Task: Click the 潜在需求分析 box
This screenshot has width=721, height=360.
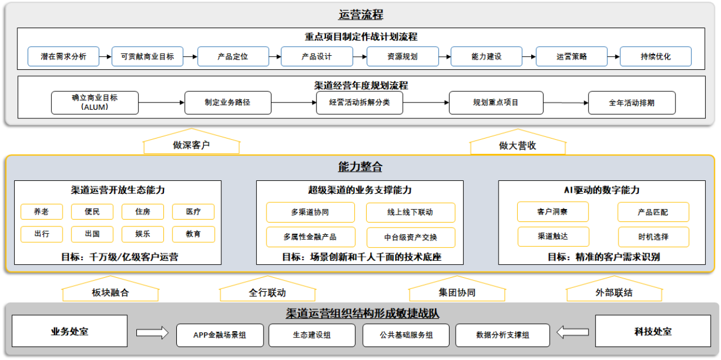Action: point(64,56)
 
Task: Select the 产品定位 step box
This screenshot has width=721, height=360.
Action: point(233,56)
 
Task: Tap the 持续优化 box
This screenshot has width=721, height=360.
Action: point(656,56)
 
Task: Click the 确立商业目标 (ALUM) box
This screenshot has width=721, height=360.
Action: point(95,103)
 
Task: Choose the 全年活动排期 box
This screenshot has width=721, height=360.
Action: point(632,103)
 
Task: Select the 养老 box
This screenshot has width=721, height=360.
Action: point(42,212)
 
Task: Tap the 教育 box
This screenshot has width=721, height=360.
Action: point(193,234)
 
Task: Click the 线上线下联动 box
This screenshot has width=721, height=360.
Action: point(411,212)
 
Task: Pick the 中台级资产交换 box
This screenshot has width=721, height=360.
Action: point(411,237)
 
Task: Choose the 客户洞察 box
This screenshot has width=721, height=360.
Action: point(553,212)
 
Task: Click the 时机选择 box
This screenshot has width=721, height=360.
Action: point(653,237)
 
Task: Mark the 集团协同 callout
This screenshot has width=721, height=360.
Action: point(457,289)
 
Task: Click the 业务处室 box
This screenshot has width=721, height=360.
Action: point(69,331)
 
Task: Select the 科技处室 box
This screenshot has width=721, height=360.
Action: point(653,331)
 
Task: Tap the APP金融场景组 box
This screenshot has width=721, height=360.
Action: point(220,335)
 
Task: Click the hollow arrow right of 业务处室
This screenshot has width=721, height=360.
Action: point(152,332)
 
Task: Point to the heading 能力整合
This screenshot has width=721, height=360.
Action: point(360,167)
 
